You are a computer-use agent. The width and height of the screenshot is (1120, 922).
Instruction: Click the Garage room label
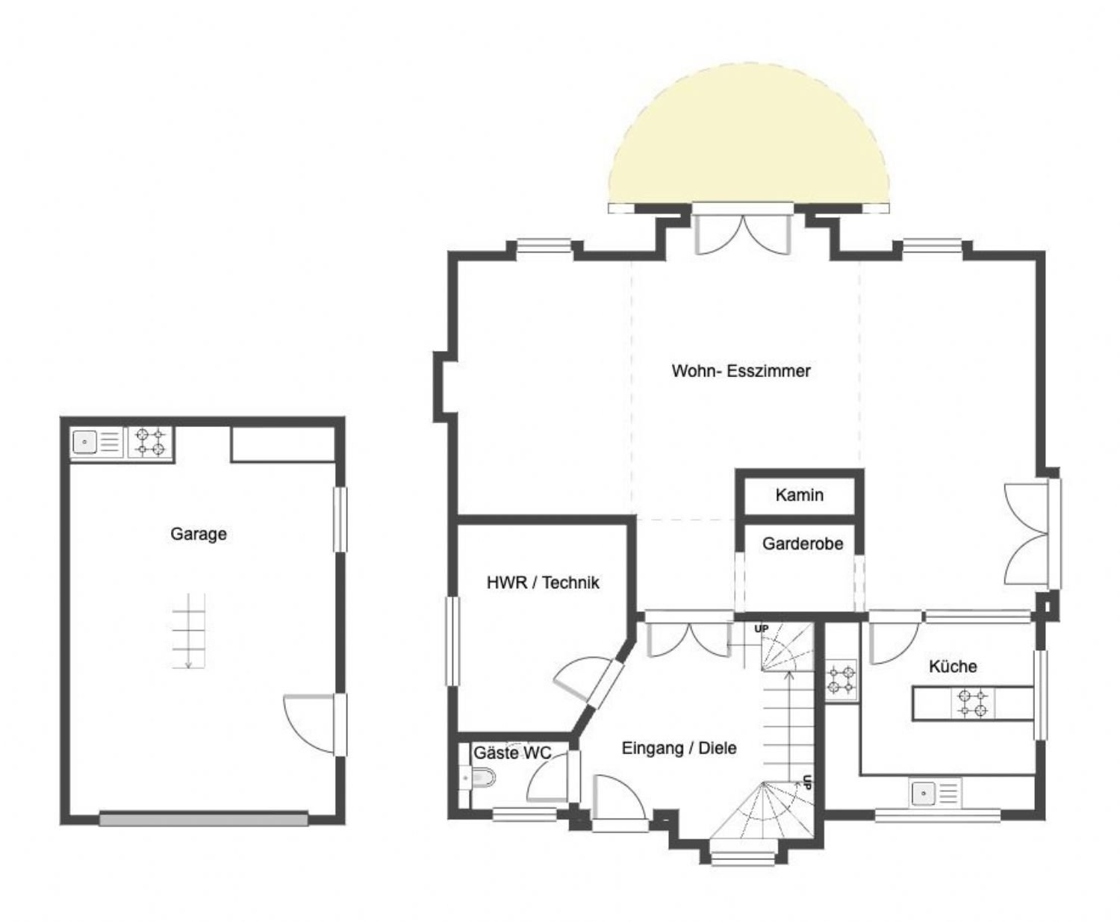(x=198, y=534)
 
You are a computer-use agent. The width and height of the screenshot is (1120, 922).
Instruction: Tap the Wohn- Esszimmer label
(x=741, y=371)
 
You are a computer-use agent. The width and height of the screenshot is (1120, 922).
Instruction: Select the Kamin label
(x=799, y=495)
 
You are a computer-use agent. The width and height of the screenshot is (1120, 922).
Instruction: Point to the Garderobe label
(x=803, y=543)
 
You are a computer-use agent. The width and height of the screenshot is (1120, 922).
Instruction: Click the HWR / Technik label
(x=543, y=582)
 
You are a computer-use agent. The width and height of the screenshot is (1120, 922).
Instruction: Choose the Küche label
(x=953, y=666)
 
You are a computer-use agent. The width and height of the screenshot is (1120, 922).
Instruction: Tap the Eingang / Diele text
(x=679, y=748)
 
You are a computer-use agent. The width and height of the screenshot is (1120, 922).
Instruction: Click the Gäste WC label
(x=512, y=753)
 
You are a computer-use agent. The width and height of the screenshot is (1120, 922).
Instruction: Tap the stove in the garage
(x=150, y=442)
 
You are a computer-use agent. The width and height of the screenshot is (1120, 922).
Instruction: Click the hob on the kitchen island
(x=973, y=703)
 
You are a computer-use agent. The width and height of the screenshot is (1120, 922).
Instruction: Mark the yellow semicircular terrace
(x=748, y=138)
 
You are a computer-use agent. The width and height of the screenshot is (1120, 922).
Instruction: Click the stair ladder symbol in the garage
(x=188, y=630)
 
